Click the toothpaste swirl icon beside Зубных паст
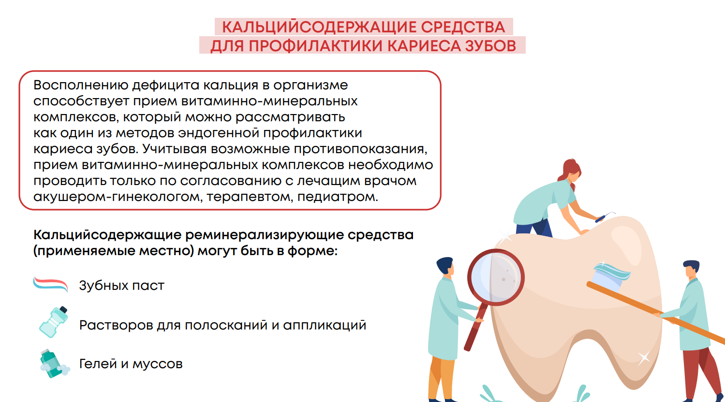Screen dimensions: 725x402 (50, 284)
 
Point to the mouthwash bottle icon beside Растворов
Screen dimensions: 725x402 (54, 322)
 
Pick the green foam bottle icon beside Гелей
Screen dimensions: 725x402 (54, 363)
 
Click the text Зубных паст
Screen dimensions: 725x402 (122, 286)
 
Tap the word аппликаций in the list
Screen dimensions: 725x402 (325, 325)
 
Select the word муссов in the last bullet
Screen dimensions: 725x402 (158, 364)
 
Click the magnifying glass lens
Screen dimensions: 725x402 (496, 277)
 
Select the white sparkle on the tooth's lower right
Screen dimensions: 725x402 (643, 358)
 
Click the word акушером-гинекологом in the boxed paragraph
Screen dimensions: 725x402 (118, 197)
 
